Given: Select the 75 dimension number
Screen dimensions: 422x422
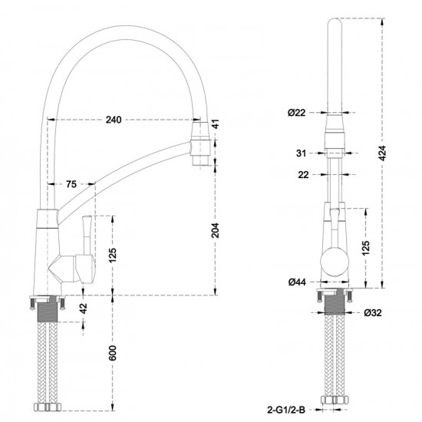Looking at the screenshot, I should pyautogui.click(x=71, y=184).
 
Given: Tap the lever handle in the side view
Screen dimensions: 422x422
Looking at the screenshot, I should pyautogui.click(x=85, y=230).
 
